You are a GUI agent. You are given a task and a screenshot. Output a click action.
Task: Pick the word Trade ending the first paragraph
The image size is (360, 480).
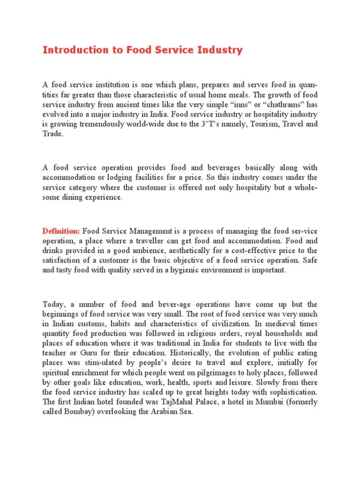coord(52,134)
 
